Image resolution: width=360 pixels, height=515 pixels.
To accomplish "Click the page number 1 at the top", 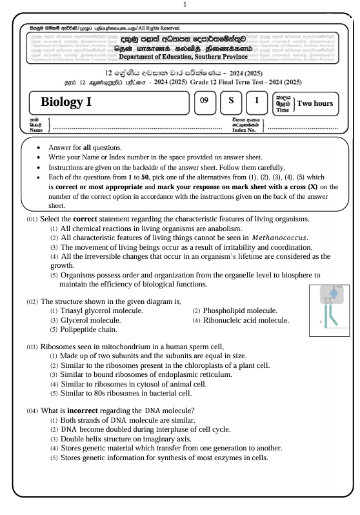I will (x=185, y=5).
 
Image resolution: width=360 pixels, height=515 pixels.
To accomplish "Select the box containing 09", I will (x=204, y=101).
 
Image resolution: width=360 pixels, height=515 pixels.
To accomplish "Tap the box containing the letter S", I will (x=230, y=101).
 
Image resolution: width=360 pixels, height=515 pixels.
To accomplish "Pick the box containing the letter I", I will (x=257, y=101).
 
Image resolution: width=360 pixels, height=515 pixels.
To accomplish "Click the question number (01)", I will (x=32, y=219).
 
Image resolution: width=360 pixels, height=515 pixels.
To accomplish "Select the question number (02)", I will (x=32, y=301).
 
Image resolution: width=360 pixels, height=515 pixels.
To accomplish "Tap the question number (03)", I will (x=32, y=347).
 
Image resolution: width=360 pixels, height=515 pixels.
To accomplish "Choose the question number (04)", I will (x=32, y=411).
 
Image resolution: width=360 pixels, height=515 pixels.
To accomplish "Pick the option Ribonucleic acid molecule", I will (x=246, y=319).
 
